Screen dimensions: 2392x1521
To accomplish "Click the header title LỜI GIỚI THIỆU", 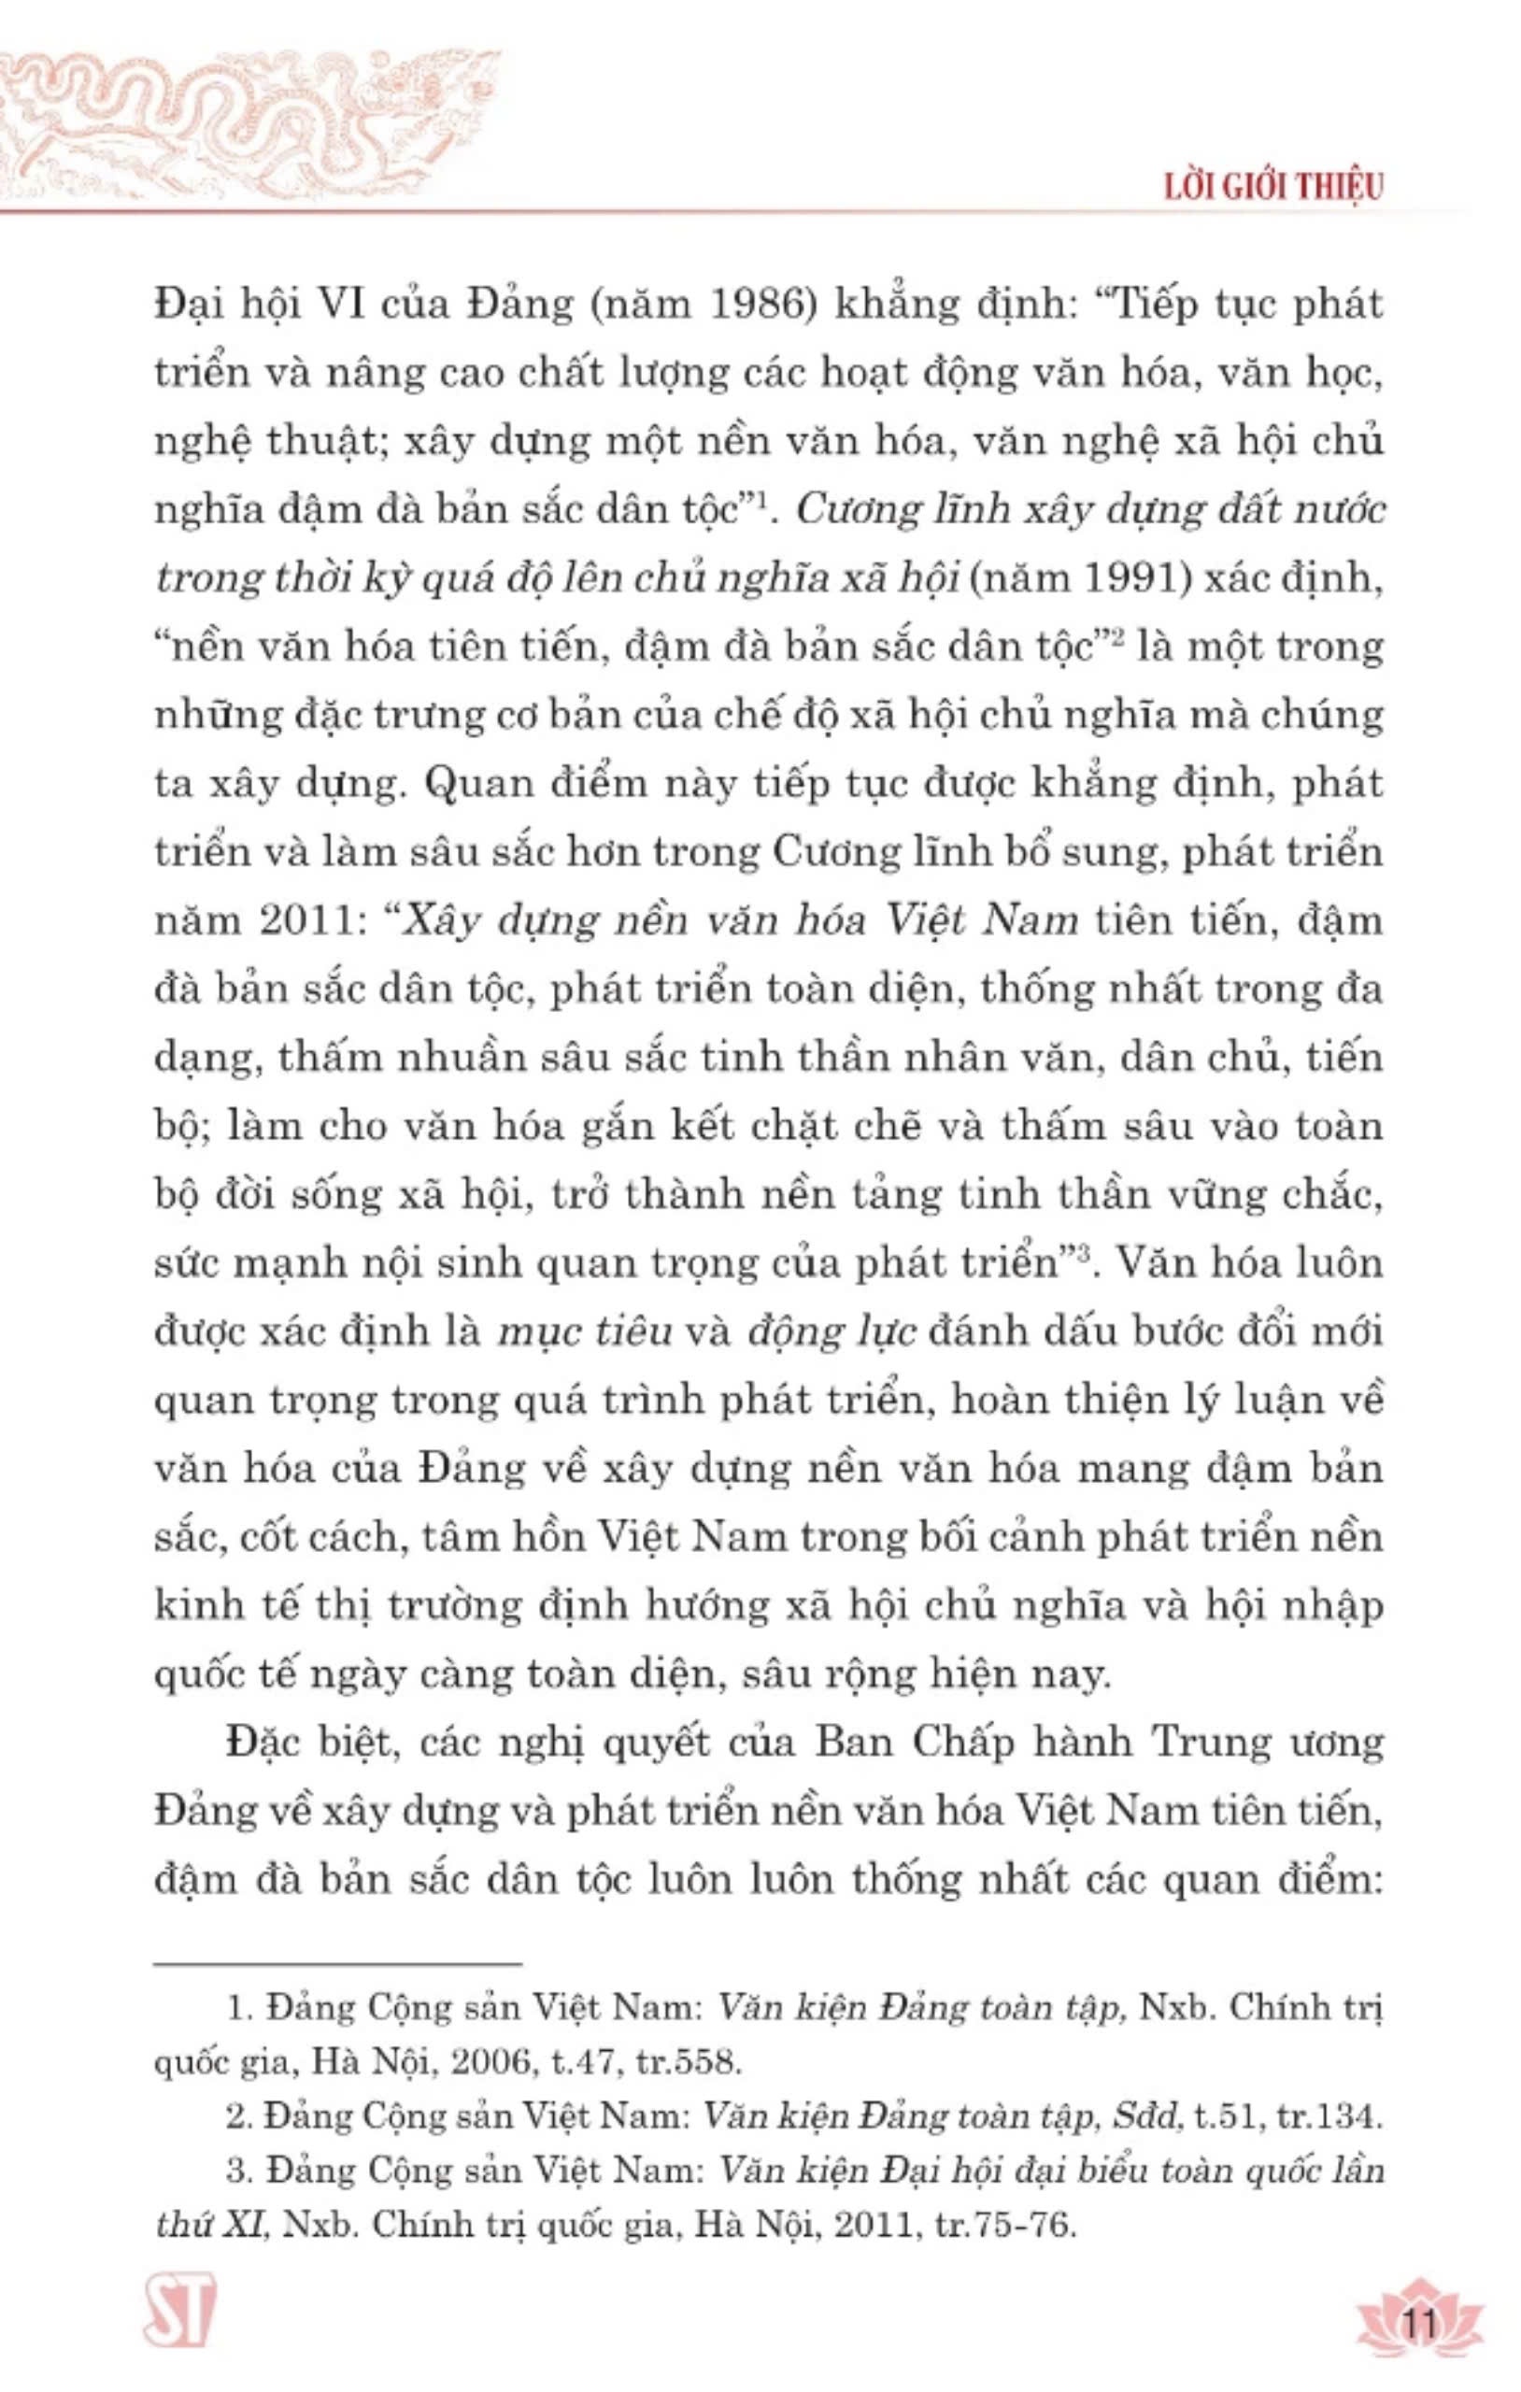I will tap(1273, 187).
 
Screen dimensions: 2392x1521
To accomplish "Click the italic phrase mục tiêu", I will tap(584, 1332).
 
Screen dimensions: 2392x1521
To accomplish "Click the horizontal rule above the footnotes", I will tap(338, 1964).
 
